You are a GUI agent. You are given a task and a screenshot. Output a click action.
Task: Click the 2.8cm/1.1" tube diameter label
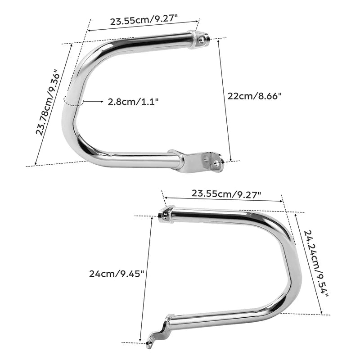pos(133,102)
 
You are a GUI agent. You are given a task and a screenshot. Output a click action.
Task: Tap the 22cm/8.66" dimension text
pos(254,96)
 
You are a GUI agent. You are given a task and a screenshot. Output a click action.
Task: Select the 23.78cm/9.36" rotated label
pos(48,102)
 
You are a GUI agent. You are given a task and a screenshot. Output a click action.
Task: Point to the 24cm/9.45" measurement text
pos(117,274)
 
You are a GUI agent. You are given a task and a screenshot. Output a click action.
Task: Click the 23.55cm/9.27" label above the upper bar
pos(144,20)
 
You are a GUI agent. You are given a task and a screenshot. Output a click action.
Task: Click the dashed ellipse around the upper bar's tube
pos(73,101)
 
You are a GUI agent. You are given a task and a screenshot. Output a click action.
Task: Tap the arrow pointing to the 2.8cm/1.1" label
pos(94,101)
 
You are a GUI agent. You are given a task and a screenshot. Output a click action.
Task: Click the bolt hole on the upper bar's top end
pos(202,40)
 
